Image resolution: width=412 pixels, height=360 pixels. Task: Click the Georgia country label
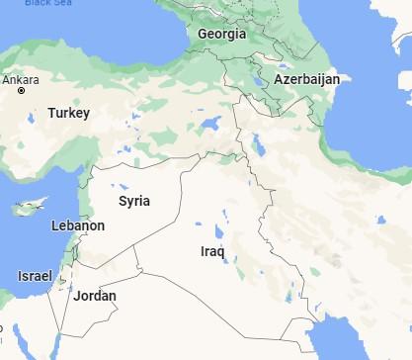(x=221, y=34)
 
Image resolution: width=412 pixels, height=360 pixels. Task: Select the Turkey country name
(x=68, y=113)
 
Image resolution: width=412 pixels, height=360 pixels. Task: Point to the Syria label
(x=134, y=201)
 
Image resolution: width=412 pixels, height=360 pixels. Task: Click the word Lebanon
(x=77, y=226)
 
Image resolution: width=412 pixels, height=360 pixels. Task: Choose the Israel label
(x=35, y=275)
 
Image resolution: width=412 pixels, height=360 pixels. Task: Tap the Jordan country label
(x=95, y=296)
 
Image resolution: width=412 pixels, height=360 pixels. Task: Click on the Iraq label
(x=212, y=251)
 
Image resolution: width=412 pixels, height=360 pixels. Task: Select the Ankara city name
(x=23, y=78)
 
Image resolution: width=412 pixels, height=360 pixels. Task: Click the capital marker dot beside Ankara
(x=22, y=91)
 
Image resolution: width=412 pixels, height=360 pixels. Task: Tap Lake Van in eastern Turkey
(x=209, y=126)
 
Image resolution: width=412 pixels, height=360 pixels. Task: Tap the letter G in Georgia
(x=203, y=34)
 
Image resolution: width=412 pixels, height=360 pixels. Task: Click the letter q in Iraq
(x=222, y=253)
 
